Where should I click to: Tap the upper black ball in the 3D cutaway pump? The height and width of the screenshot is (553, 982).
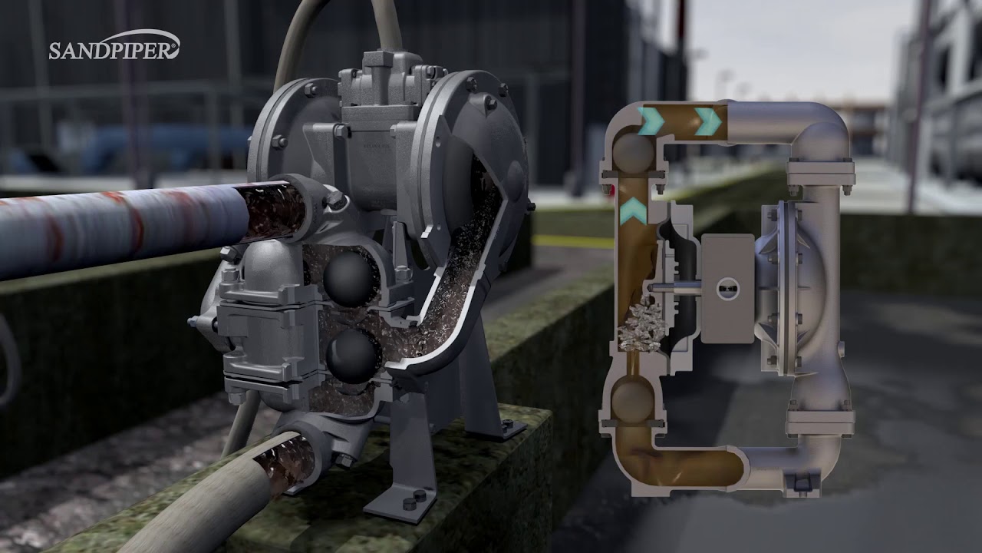click(350, 279)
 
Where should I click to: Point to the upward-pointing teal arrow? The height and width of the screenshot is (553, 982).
click(634, 210)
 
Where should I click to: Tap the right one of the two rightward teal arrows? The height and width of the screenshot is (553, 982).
click(707, 121)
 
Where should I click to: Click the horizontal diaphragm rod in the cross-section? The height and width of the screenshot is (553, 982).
click(675, 288)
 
